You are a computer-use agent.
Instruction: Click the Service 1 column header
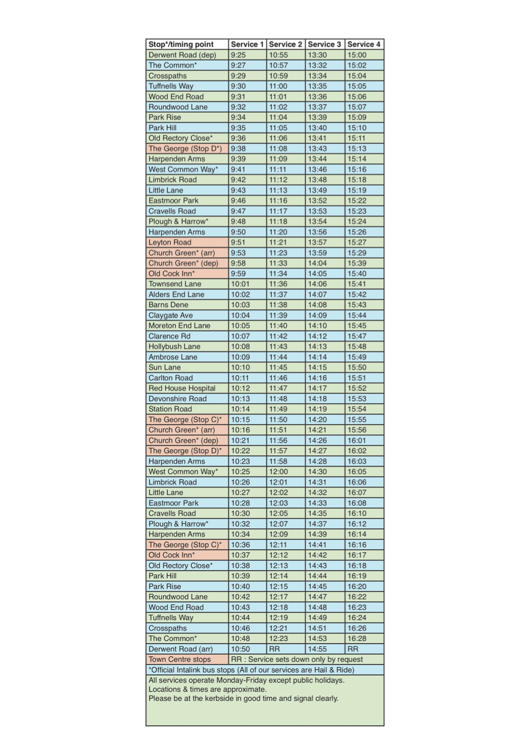pyautogui.click(x=247, y=44)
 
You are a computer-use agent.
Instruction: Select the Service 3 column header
pyautogui.click(x=324, y=44)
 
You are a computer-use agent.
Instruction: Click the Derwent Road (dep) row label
pyautogui.click(x=182, y=55)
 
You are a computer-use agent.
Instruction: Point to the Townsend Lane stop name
pyautogui.click(x=175, y=284)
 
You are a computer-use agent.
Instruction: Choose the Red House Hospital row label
pyautogui.click(x=182, y=388)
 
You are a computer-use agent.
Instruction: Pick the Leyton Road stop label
pyautogui.click(x=170, y=242)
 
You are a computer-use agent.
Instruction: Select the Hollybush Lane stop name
pyautogui.click(x=174, y=346)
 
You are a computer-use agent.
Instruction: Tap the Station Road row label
pyautogui.click(x=170, y=409)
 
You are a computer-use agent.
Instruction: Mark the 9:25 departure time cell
pyautogui.click(x=238, y=55)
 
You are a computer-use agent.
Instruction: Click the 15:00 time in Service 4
pyautogui.click(x=357, y=55)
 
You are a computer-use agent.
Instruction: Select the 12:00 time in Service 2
pyautogui.click(x=278, y=472)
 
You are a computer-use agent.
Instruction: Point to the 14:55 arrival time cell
pyautogui.click(x=317, y=649)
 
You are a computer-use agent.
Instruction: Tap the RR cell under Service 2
pyautogui.click(x=274, y=649)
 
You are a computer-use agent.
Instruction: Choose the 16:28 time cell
pyautogui.click(x=357, y=638)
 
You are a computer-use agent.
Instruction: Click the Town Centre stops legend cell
pyautogui.click(x=180, y=659)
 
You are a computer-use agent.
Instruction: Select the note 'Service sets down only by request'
pyautogui.click(x=297, y=659)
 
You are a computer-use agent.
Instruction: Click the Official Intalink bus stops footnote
pyautogui.click(x=252, y=670)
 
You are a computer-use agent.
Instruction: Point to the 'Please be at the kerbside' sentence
pyautogui.click(x=243, y=698)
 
